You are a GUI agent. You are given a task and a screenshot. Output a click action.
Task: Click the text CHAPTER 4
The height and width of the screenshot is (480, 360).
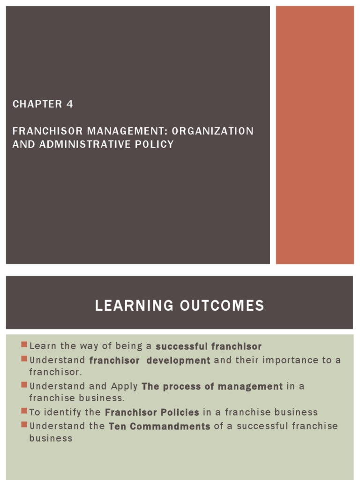[43, 104]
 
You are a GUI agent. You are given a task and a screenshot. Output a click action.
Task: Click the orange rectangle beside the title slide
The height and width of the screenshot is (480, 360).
[315, 135]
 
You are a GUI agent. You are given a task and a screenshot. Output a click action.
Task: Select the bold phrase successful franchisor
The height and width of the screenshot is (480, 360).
[208, 346]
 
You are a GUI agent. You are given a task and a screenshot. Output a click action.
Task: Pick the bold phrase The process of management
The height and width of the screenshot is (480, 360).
[212, 387]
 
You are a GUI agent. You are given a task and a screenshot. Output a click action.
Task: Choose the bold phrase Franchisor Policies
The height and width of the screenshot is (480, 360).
[152, 412]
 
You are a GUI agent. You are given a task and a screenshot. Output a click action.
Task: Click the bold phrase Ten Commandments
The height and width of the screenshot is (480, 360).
[159, 427]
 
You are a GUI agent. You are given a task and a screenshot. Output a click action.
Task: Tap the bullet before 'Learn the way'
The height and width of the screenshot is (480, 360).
[24, 345]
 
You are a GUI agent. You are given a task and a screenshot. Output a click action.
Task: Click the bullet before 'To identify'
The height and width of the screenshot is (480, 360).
[24, 412]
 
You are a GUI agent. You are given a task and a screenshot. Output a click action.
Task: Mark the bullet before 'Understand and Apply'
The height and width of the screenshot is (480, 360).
[24, 385]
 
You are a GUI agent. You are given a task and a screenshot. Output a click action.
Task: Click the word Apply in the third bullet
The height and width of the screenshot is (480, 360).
[124, 387]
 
